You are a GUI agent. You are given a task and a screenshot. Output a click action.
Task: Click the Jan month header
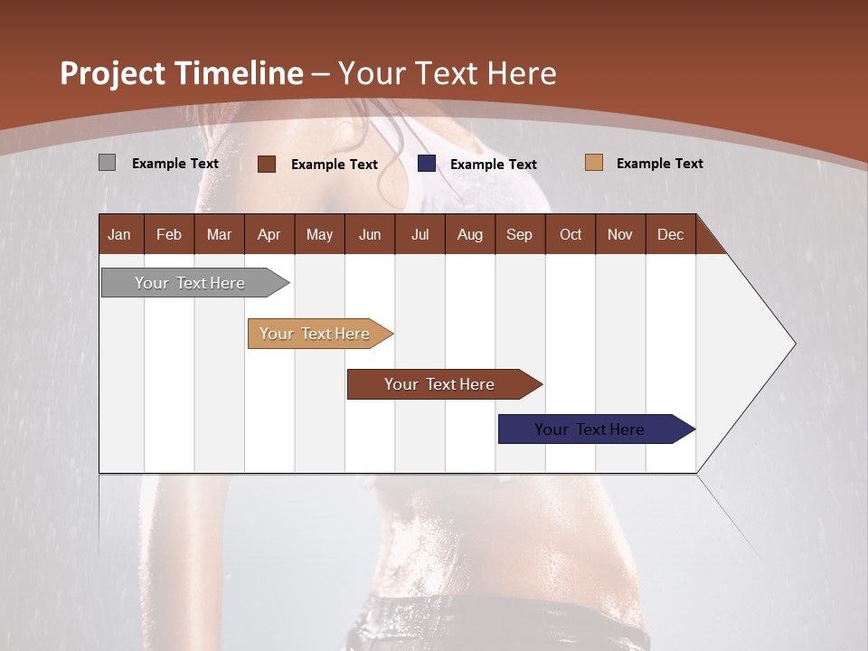(x=120, y=234)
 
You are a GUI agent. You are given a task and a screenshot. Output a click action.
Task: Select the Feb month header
(x=169, y=234)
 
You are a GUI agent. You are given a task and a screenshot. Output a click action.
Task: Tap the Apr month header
(x=269, y=234)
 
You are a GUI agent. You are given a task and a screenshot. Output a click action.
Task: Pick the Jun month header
(x=370, y=234)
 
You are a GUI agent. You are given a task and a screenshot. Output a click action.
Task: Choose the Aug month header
(x=469, y=234)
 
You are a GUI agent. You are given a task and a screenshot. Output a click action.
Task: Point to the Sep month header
(x=519, y=234)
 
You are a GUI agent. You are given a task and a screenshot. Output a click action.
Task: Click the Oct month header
(x=571, y=234)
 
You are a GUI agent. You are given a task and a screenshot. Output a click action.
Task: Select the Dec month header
(x=670, y=234)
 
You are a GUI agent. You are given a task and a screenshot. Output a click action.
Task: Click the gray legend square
(x=107, y=163)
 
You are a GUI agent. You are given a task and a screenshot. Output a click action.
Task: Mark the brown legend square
(x=267, y=164)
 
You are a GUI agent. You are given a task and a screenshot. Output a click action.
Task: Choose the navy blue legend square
(x=427, y=164)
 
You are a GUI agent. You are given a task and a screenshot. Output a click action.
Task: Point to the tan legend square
(x=593, y=163)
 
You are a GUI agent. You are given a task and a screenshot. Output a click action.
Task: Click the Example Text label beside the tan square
(x=659, y=163)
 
